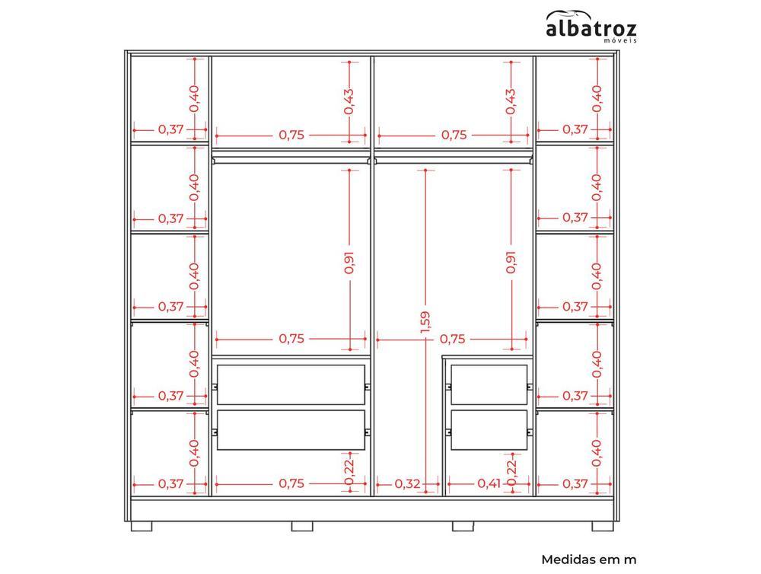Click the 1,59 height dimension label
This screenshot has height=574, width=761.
(x=425, y=323)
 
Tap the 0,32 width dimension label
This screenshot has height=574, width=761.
(x=407, y=483)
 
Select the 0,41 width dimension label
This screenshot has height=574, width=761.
(x=489, y=483)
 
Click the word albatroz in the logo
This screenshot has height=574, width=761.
(x=591, y=29)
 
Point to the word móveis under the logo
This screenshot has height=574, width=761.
(x=620, y=41)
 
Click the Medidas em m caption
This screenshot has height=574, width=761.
(x=589, y=560)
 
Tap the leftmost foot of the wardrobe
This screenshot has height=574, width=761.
(x=142, y=526)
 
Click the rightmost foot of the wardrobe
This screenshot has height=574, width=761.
(x=602, y=526)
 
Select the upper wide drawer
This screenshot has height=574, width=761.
(x=291, y=384)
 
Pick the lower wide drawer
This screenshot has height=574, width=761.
(x=291, y=430)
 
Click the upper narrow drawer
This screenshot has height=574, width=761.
(x=489, y=384)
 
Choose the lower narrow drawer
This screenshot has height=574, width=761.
(x=489, y=430)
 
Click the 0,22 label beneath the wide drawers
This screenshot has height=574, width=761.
(x=349, y=472)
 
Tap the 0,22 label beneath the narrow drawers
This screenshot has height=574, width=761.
(x=511, y=472)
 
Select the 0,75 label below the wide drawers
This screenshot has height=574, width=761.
(x=291, y=483)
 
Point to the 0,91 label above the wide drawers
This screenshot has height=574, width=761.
(x=349, y=262)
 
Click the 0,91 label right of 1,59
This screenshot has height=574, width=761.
(x=511, y=262)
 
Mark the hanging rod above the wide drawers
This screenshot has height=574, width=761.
(x=291, y=160)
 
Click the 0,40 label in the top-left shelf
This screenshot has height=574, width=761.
(x=194, y=98)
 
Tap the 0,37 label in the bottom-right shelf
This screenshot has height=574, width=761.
(x=575, y=483)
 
